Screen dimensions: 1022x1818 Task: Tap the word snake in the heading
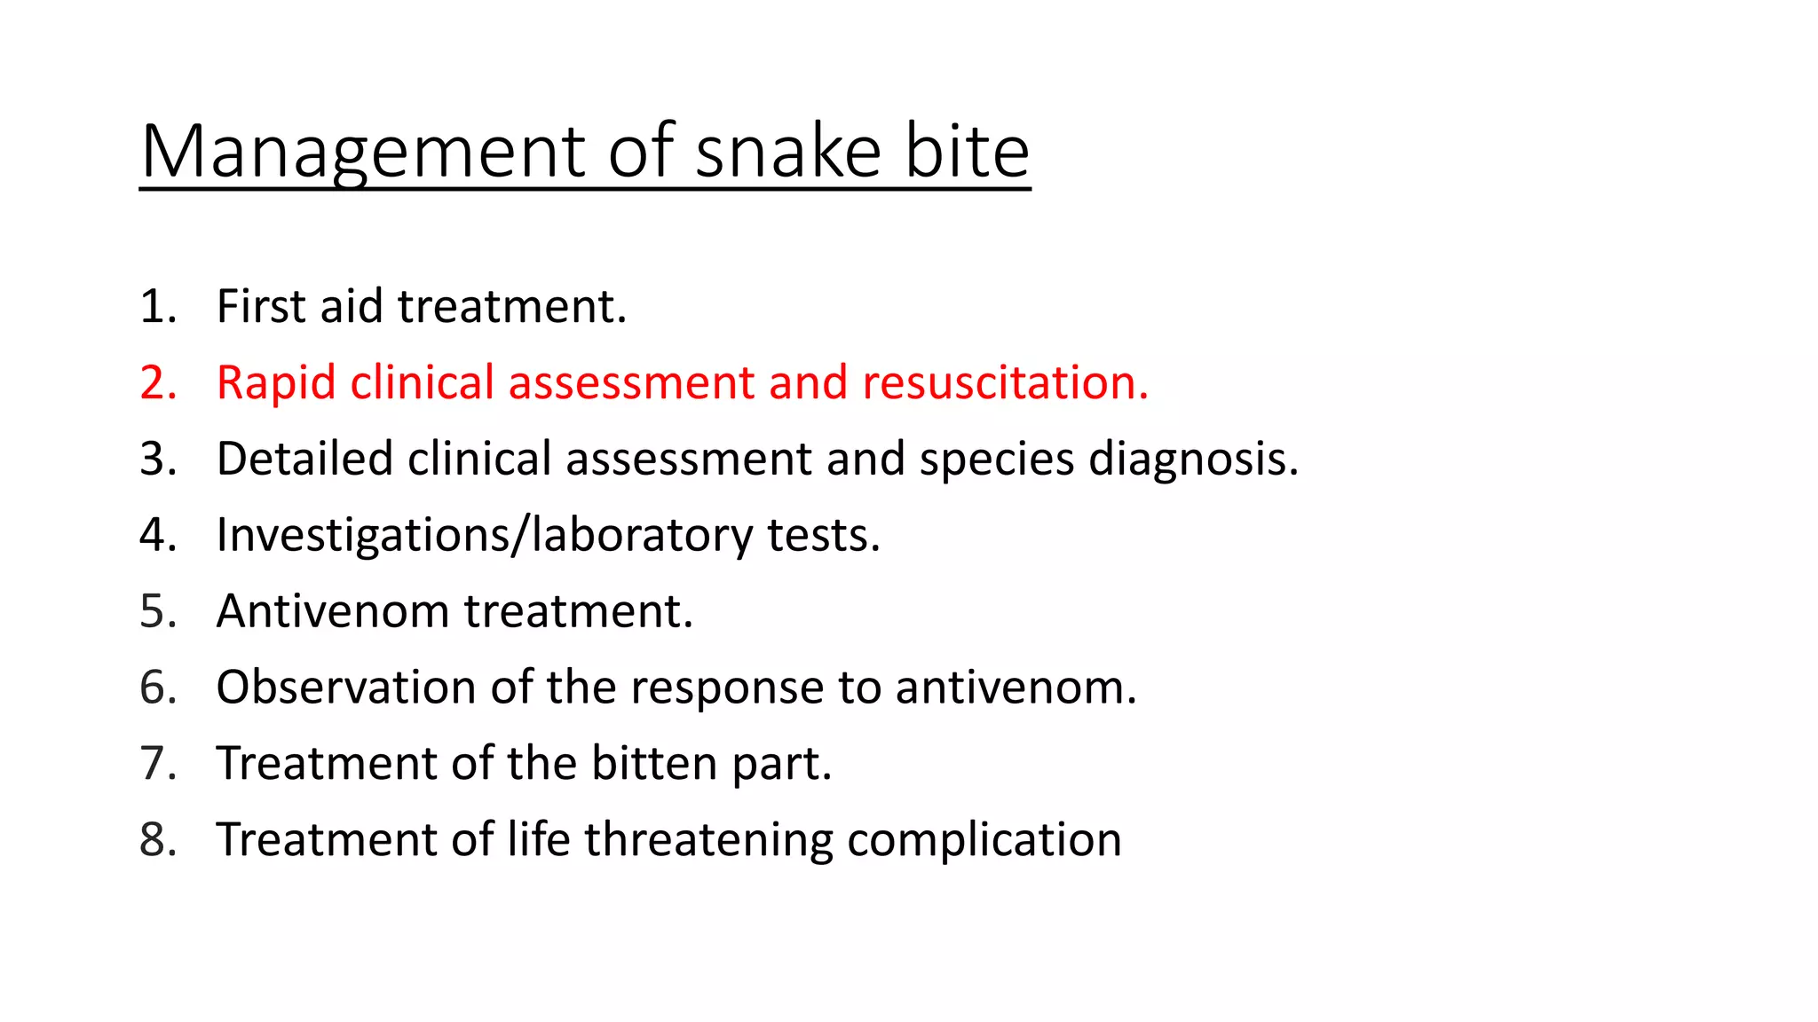[x=787, y=152]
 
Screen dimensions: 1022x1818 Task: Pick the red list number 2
[x=157, y=382]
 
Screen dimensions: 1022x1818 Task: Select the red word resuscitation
[x=1005, y=382]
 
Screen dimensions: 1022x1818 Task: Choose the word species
[x=996, y=459]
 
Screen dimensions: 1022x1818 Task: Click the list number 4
[x=157, y=535]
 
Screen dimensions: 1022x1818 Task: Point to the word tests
[x=823, y=535]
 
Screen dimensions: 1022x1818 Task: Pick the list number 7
[x=157, y=764]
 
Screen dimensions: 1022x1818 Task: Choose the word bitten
[x=654, y=764]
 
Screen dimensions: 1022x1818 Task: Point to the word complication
[x=984, y=840]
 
